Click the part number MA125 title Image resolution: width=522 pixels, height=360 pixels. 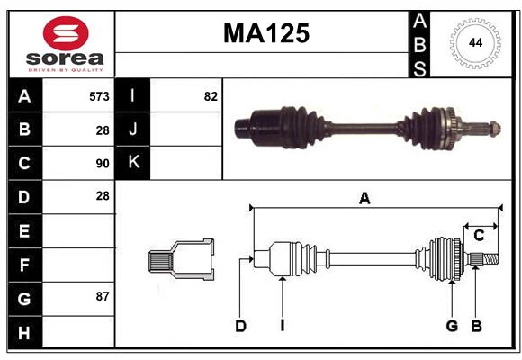[265, 33]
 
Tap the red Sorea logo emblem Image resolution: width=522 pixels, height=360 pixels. [65, 34]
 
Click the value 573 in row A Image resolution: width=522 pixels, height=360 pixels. [99, 96]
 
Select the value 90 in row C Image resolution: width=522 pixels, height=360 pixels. [102, 164]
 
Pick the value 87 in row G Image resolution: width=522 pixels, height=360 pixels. [102, 296]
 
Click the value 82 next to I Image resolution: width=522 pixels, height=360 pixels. [211, 96]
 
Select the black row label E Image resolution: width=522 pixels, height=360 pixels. [24, 230]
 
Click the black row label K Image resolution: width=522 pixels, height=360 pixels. [133, 163]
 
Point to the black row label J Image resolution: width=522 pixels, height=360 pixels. [133, 130]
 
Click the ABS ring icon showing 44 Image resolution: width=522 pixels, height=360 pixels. [472, 42]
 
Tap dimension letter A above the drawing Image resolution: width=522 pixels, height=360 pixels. [364, 199]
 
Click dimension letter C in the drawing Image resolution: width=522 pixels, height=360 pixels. [479, 235]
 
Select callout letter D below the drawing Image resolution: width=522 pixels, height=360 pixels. [240, 326]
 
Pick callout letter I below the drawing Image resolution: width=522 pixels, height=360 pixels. [282, 326]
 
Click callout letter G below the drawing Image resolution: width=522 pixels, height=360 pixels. [452, 326]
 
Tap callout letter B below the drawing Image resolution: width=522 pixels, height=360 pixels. [476, 326]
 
